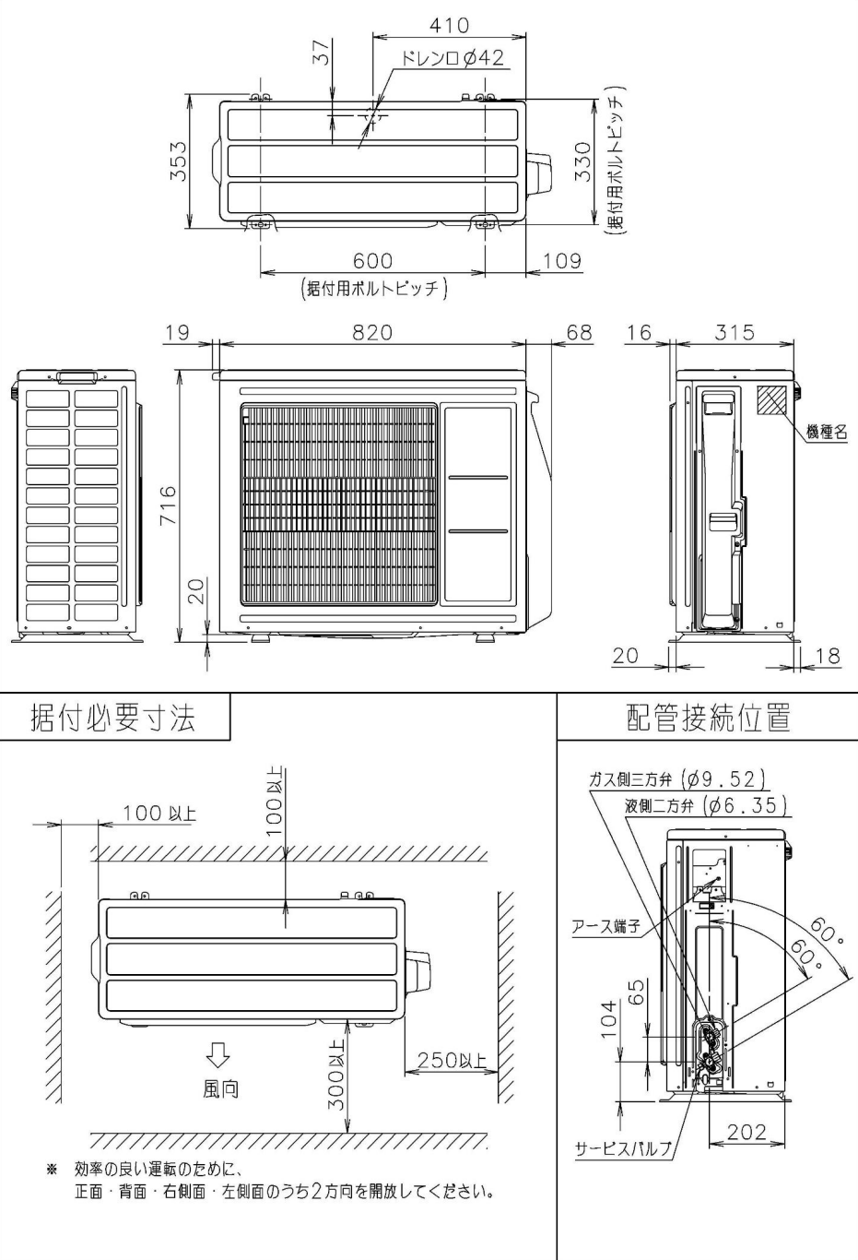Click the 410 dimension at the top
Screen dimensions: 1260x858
point(449,25)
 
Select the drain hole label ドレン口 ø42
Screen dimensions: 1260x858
point(453,59)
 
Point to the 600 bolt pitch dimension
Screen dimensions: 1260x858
point(372,262)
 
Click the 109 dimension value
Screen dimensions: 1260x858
point(561,261)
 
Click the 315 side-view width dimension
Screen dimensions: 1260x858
point(735,332)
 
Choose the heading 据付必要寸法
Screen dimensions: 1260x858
point(113,717)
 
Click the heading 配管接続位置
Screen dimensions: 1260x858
point(708,717)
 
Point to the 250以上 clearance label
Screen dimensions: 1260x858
point(452,1060)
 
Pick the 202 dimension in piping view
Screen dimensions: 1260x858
point(746,1132)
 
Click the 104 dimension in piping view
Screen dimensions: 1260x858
point(606,1019)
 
